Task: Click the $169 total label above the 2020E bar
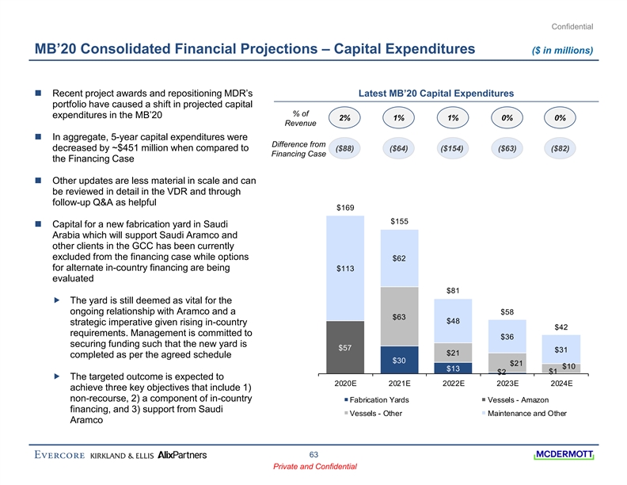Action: [344, 208]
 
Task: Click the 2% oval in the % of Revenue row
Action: [344, 118]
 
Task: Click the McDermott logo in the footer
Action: [564, 455]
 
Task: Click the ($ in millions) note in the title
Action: [564, 50]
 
